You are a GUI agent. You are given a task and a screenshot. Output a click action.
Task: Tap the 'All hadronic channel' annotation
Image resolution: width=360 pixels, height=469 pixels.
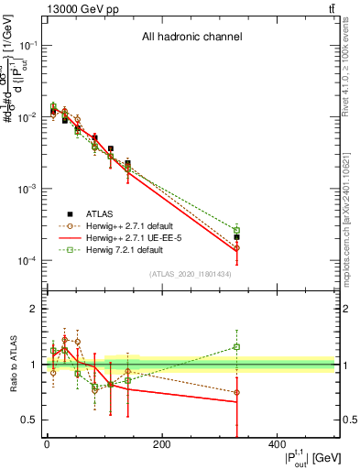pos(191,38)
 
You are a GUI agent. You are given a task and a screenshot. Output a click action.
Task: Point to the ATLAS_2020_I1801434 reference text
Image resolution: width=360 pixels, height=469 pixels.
pos(190,274)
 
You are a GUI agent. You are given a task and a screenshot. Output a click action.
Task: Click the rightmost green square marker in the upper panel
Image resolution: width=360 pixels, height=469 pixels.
pos(236,230)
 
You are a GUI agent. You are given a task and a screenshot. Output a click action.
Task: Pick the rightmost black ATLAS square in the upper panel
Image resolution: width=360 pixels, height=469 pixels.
pos(236,236)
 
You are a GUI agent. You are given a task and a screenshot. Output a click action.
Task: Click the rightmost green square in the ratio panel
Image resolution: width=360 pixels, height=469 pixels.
pos(236,346)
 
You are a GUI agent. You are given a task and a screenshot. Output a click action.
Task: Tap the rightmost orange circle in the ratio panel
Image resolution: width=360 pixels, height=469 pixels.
pos(236,392)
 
